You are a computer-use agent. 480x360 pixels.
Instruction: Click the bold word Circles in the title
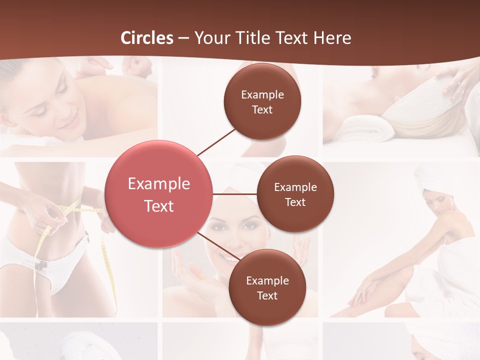click(x=147, y=38)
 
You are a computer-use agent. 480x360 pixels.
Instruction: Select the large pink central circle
click(x=158, y=194)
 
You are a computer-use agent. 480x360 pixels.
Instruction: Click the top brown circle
click(x=262, y=101)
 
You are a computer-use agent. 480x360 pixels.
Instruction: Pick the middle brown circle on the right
click(x=295, y=194)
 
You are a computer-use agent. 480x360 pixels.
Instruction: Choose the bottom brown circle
click(x=267, y=287)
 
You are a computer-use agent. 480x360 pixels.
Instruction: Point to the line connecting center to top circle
click(x=216, y=141)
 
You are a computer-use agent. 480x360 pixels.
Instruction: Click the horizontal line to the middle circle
click(x=235, y=194)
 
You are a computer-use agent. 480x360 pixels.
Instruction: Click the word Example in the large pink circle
click(x=158, y=184)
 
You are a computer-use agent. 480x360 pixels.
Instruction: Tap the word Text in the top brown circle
click(x=262, y=110)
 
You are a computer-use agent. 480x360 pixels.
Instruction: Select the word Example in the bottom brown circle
click(x=267, y=280)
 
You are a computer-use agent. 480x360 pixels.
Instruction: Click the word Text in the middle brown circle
click(x=295, y=202)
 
